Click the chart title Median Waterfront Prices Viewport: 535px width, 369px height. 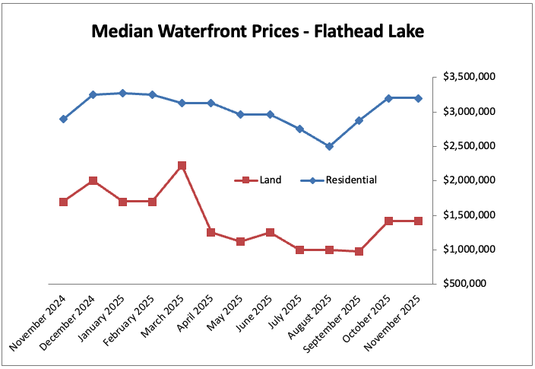(258, 31)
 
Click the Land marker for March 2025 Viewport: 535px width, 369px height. (182, 165)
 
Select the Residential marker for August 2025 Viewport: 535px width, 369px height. (329, 146)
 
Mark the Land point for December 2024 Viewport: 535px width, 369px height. (93, 180)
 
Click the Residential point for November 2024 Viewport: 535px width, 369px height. (63, 119)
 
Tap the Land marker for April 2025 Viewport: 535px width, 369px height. (211, 232)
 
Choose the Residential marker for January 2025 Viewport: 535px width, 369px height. (122, 93)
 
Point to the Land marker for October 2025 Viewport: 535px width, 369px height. (388, 221)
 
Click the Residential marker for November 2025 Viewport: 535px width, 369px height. (418, 98)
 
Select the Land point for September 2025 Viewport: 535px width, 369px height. (359, 251)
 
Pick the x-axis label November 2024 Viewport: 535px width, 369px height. (38, 323)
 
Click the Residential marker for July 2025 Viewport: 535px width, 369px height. (299, 129)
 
